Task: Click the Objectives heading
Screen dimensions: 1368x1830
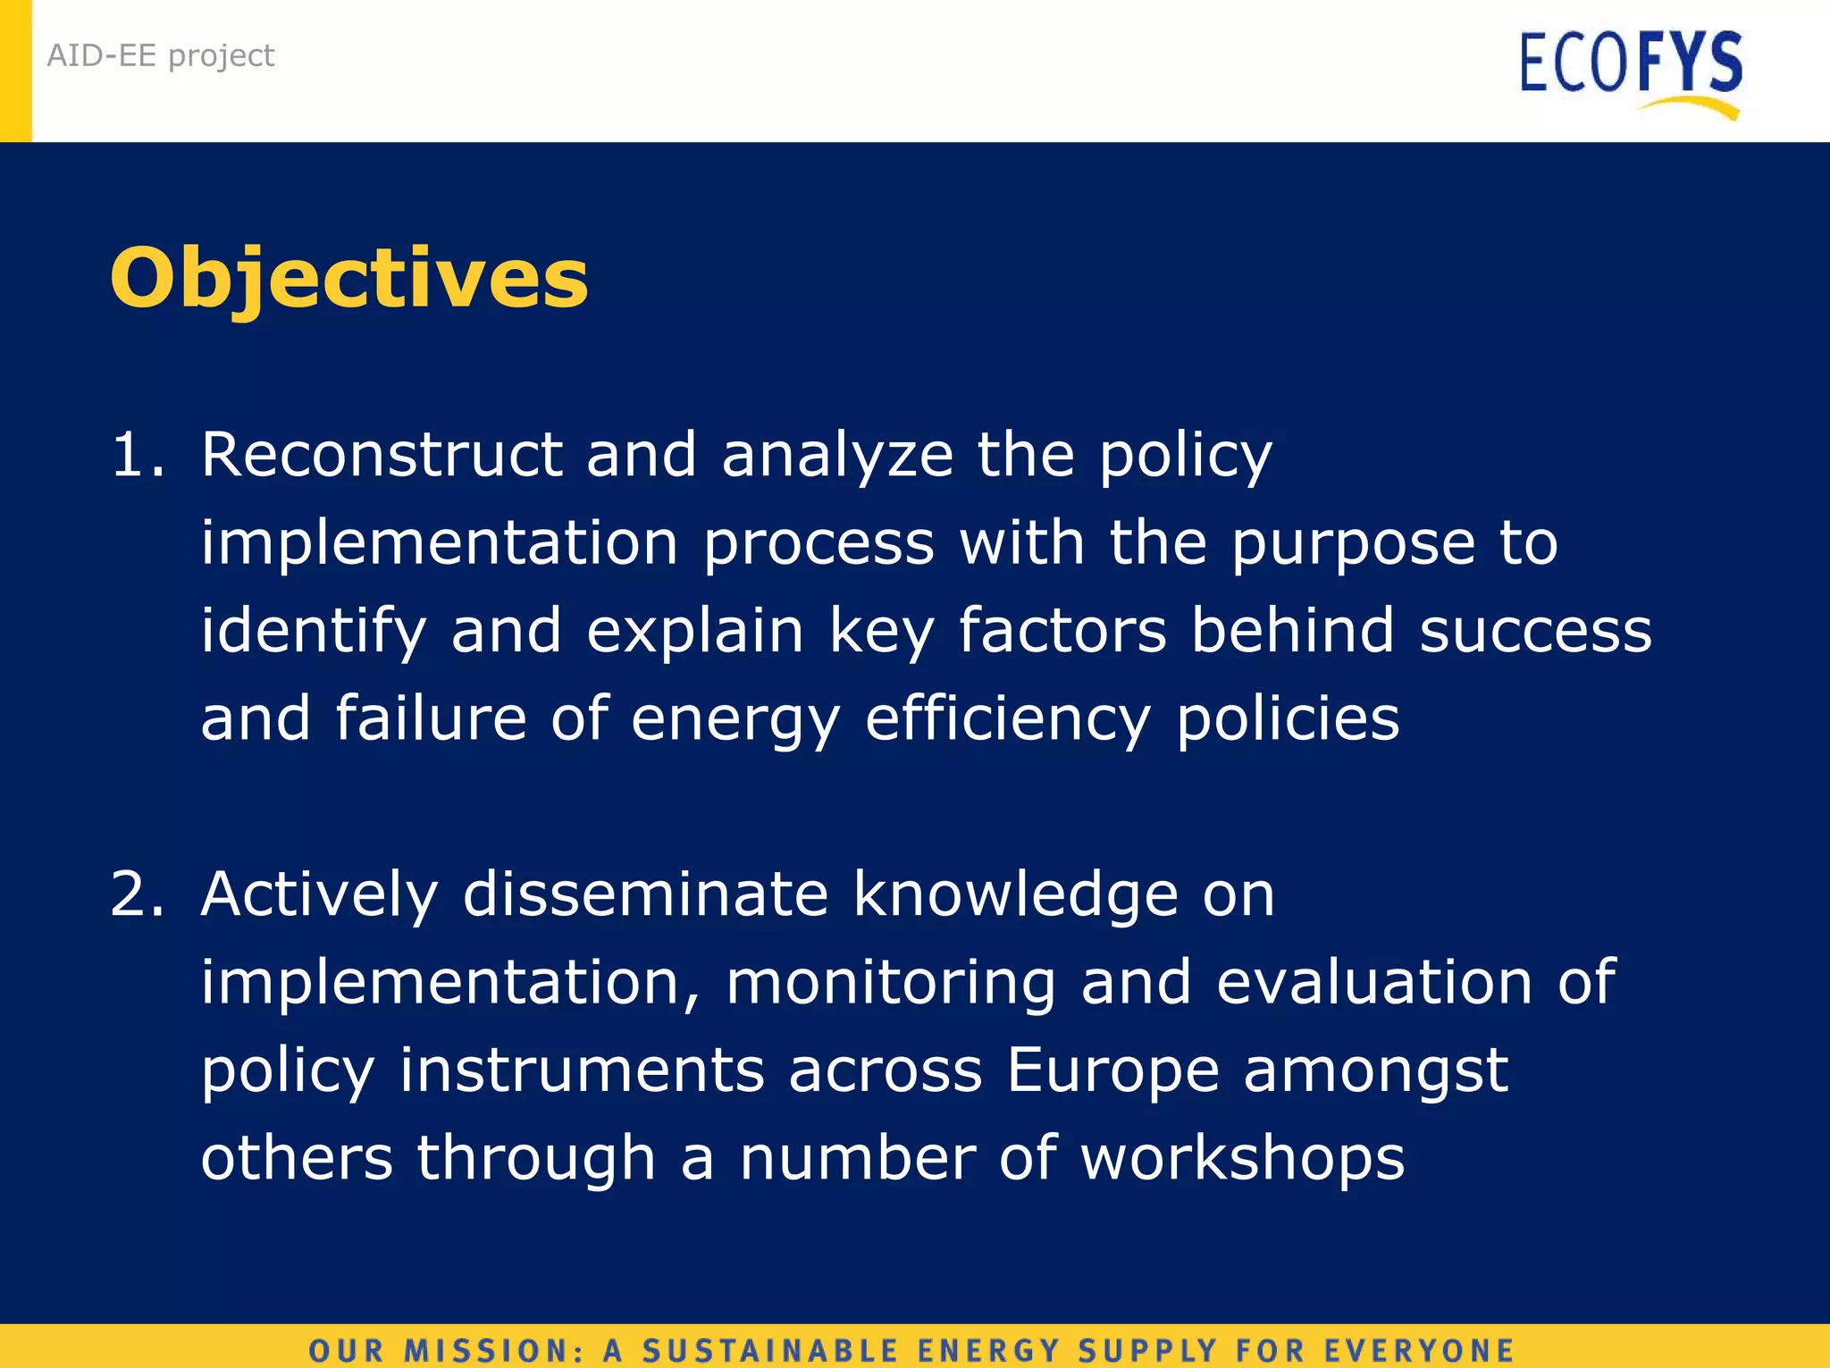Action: pos(348,279)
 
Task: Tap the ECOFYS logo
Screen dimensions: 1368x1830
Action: pos(1631,64)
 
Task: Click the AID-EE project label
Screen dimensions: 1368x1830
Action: pos(161,55)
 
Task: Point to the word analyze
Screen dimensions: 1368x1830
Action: pos(837,456)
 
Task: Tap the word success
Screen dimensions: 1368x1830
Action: pos(1535,631)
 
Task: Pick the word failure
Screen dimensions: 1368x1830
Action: pos(431,718)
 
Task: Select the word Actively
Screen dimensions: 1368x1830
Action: pos(319,895)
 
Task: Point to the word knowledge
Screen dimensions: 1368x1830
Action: pos(1015,895)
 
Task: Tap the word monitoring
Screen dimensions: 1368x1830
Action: pos(891,983)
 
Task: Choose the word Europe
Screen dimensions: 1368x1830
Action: pos(1112,1070)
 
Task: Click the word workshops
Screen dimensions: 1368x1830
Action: pos(1242,1158)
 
